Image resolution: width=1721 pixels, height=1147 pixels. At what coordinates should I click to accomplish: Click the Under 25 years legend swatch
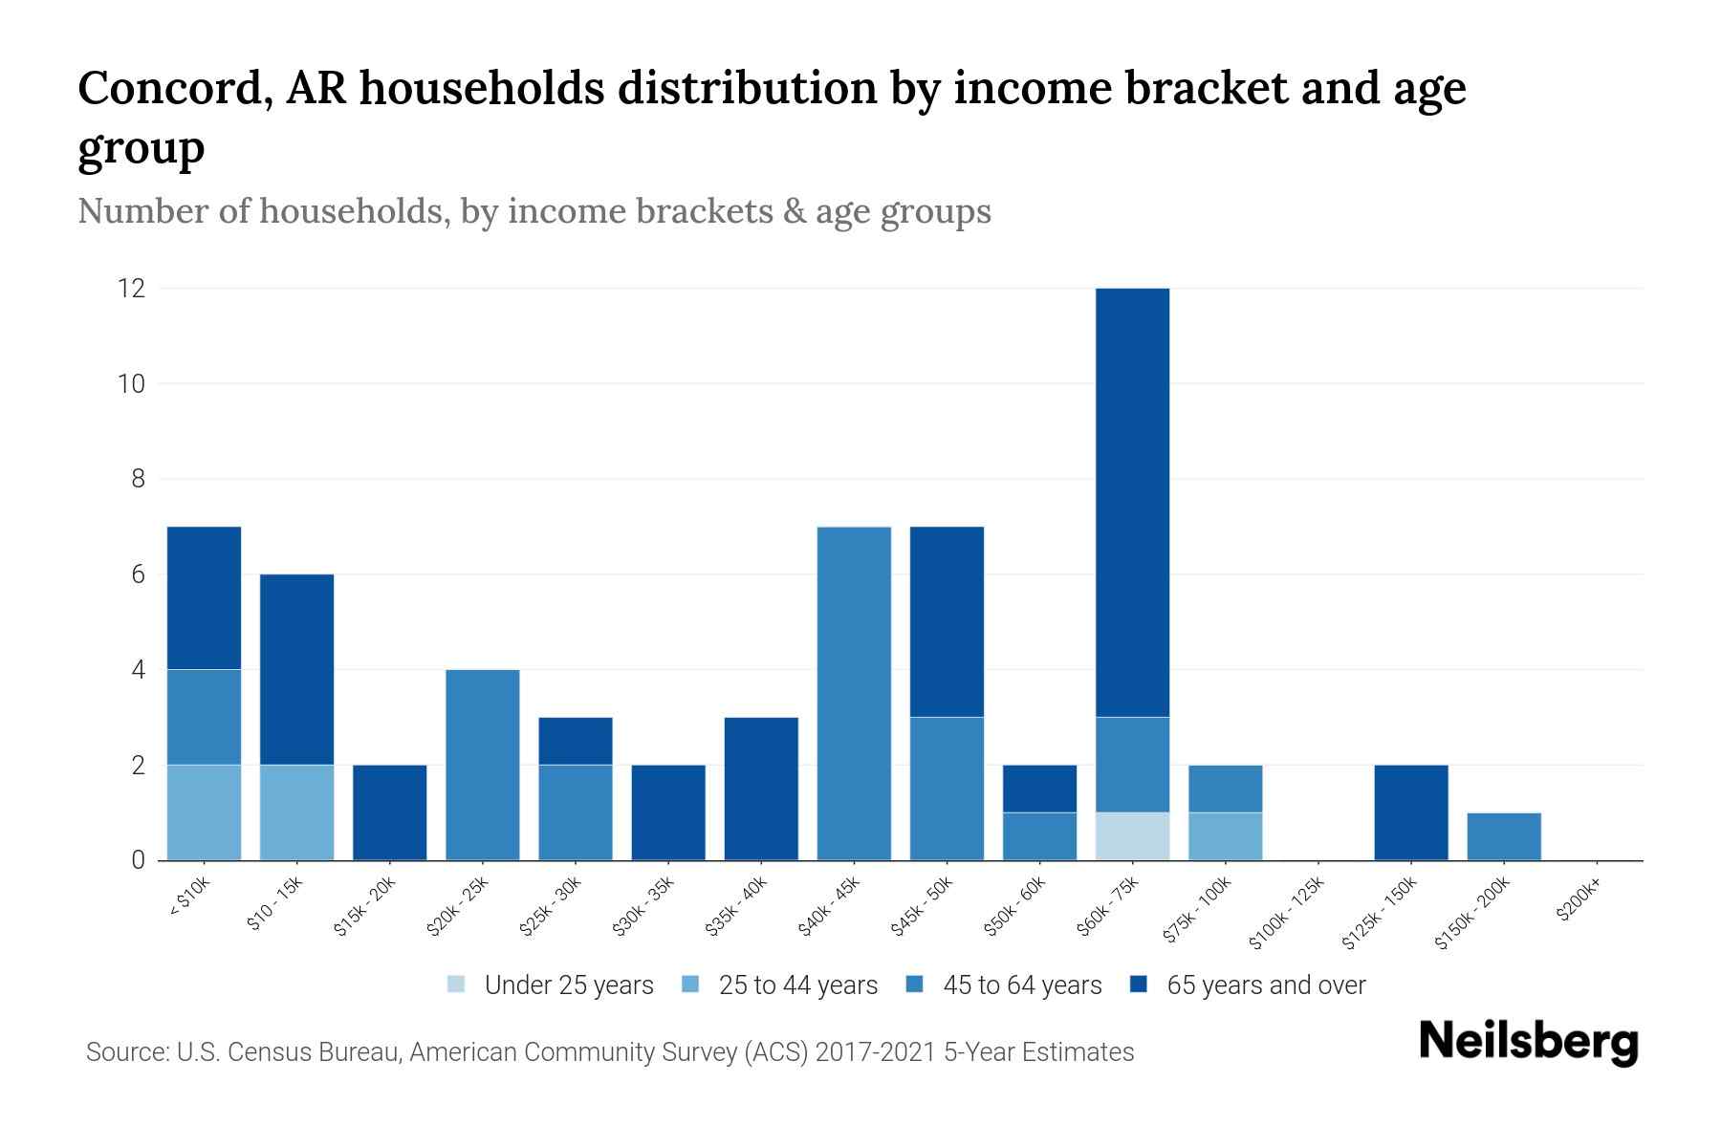point(456,985)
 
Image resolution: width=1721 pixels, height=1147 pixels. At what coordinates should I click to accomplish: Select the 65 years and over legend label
point(1266,985)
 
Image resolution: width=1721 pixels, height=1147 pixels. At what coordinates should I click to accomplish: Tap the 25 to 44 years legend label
point(797,985)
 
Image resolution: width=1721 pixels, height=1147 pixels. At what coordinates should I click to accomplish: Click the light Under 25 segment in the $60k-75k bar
point(1132,836)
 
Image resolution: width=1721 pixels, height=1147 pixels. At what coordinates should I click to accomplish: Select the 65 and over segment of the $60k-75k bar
point(1132,502)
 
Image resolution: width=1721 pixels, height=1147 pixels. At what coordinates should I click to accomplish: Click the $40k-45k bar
point(854,693)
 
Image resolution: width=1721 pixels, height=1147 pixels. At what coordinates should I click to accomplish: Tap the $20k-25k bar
point(483,765)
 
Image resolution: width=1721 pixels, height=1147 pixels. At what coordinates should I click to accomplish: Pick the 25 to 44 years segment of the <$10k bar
point(204,812)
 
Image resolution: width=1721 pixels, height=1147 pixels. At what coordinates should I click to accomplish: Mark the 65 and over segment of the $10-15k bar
point(296,669)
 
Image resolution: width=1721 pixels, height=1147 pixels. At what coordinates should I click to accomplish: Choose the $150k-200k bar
point(1504,836)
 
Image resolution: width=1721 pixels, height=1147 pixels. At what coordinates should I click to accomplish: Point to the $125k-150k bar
point(1411,812)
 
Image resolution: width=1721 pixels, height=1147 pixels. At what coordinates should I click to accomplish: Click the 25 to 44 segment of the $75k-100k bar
point(1225,836)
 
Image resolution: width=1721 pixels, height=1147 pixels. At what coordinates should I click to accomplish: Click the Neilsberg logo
point(1528,1041)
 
